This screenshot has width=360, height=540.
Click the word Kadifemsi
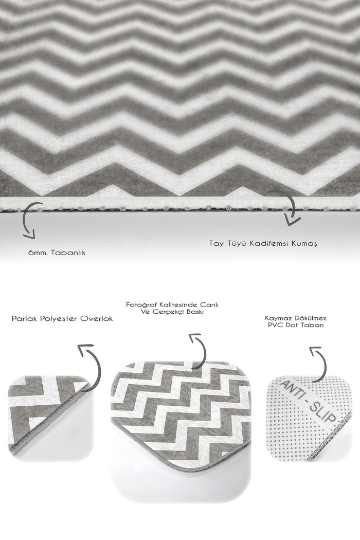(x=268, y=243)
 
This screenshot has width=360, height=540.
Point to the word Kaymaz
(x=277, y=318)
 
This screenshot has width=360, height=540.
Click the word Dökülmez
(x=309, y=318)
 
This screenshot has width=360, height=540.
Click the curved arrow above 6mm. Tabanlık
(x=25, y=221)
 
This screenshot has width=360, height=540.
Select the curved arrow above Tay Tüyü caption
(x=293, y=207)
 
